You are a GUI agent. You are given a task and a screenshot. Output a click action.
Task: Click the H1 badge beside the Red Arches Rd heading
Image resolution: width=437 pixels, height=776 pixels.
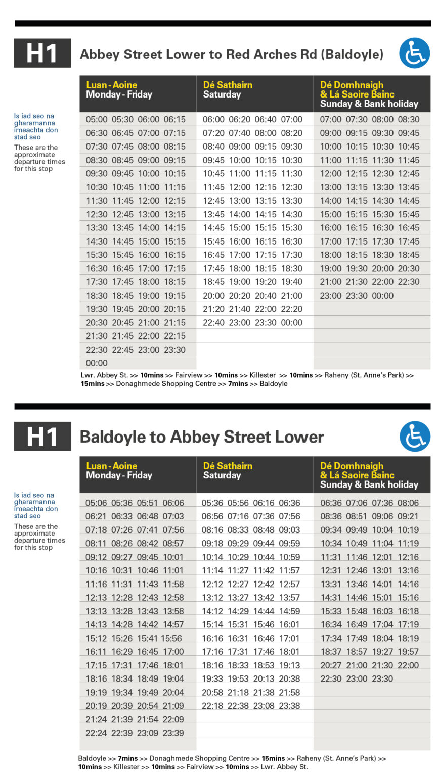point(42,53)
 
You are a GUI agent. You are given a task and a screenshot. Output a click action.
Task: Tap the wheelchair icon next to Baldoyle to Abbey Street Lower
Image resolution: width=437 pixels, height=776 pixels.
point(414,436)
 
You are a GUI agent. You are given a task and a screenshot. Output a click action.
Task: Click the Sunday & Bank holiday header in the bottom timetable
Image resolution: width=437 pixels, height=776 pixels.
point(369,484)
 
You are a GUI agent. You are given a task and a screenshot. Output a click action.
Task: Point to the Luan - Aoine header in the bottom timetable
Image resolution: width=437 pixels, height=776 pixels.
point(111,466)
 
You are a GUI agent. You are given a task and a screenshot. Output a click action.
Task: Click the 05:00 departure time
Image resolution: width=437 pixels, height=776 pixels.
point(97,120)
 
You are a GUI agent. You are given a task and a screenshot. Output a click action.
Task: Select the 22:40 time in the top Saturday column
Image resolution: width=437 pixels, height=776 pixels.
point(214,323)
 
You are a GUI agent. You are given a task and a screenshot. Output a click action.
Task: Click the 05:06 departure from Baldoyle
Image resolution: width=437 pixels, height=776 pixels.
point(96,503)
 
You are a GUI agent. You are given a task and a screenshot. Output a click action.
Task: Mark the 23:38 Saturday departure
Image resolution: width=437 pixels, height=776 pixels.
point(289,706)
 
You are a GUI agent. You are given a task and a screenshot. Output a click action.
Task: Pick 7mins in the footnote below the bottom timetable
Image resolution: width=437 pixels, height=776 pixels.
point(128,758)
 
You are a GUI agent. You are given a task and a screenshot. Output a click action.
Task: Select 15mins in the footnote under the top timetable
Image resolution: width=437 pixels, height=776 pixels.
point(92,384)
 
